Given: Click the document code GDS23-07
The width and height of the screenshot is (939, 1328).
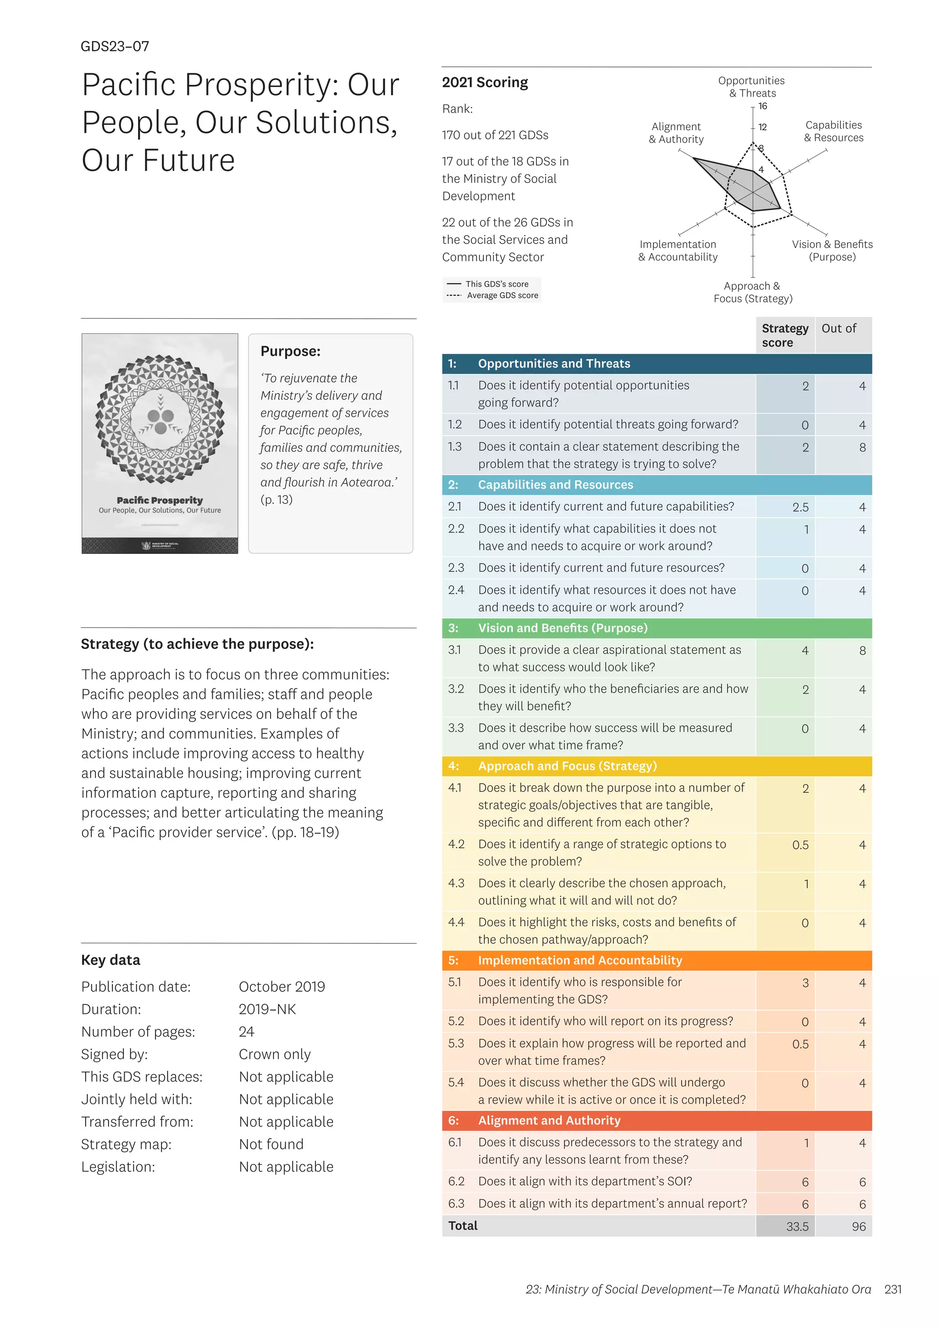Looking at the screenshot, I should pyautogui.click(x=115, y=46).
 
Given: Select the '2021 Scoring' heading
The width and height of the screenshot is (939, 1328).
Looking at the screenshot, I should pyautogui.click(x=485, y=83).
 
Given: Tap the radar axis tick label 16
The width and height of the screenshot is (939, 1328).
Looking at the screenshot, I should pyautogui.click(x=762, y=106).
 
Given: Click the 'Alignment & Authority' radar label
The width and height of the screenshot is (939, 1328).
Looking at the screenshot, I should pyautogui.click(x=676, y=133).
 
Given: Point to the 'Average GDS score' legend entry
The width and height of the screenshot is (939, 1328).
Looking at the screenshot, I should pyautogui.click(x=502, y=296).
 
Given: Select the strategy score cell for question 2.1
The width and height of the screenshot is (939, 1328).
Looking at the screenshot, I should pyautogui.click(x=800, y=507).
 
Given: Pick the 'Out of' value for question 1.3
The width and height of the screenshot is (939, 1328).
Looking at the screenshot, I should pyautogui.click(x=862, y=448).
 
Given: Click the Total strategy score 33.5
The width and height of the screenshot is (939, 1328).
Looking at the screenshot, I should pyautogui.click(x=797, y=1226).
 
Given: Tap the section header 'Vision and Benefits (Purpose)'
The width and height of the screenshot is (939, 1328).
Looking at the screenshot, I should pyautogui.click(x=562, y=628).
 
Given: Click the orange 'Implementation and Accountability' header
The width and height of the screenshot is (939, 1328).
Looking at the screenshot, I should pyautogui.click(x=580, y=960).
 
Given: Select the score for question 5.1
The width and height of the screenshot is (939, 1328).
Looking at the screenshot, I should pyautogui.click(x=805, y=983).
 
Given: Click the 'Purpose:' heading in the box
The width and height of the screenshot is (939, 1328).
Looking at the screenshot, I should pyautogui.click(x=290, y=351).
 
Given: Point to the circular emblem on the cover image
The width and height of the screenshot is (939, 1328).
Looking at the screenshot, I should pyautogui.click(x=160, y=419).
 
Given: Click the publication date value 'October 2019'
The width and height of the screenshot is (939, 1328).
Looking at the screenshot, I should pyautogui.click(x=282, y=987).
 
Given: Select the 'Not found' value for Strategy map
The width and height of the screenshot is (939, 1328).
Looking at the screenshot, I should pyautogui.click(x=271, y=1144).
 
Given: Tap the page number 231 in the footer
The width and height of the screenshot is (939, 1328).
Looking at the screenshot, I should pyautogui.click(x=893, y=1289).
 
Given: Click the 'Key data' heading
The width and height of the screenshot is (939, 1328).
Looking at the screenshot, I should pyautogui.click(x=110, y=960).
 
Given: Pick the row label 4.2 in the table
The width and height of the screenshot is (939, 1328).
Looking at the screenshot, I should pyautogui.click(x=456, y=845).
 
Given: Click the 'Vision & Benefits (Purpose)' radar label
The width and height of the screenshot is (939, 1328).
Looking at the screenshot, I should pyautogui.click(x=832, y=250).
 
